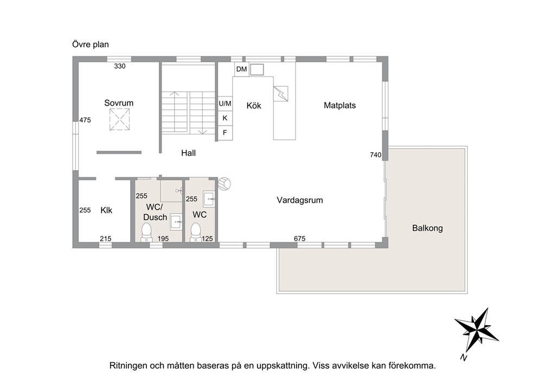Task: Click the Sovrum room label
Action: [119, 103]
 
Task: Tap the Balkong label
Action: [427, 228]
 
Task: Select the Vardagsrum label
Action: [300, 200]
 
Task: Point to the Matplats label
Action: [340, 105]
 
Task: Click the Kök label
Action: [254, 106]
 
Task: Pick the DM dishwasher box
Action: [241, 69]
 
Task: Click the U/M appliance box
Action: [225, 104]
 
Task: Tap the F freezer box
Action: [225, 133]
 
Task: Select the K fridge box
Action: [225, 118]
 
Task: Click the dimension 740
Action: [376, 155]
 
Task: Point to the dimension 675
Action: [299, 239]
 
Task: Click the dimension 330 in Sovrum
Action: [120, 66]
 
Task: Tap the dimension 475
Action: [85, 120]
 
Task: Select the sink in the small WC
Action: [209, 198]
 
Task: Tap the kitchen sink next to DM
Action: [257, 69]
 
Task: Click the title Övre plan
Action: [91, 44]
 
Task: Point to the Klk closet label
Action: [106, 210]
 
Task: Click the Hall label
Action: [188, 153]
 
